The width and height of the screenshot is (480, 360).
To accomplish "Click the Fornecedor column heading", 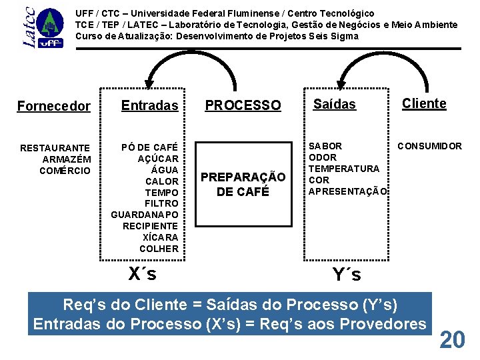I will click(x=53, y=106).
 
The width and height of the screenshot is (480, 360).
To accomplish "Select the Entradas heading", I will click(x=149, y=105).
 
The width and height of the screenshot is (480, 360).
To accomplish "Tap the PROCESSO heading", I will click(x=243, y=105).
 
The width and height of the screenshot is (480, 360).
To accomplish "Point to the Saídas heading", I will click(x=335, y=104).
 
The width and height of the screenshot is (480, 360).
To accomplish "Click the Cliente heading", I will click(x=424, y=103).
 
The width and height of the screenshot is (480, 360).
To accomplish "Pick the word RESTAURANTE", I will click(x=55, y=147).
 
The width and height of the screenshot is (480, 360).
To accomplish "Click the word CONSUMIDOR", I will click(x=429, y=146).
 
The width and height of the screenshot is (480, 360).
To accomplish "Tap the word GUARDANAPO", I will click(x=145, y=215).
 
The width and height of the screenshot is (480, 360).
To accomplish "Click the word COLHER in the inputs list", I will click(x=159, y=249).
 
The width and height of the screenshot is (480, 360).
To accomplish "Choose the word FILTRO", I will click(x=161, y=203).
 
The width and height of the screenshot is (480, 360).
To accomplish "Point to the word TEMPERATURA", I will click(x=343, y=169).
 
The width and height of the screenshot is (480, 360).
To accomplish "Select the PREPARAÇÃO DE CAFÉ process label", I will click(x=243, y=184).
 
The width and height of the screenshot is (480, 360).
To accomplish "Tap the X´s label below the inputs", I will click(x=142, y=274).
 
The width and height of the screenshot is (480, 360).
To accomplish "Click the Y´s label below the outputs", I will click(x=347, y=274).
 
